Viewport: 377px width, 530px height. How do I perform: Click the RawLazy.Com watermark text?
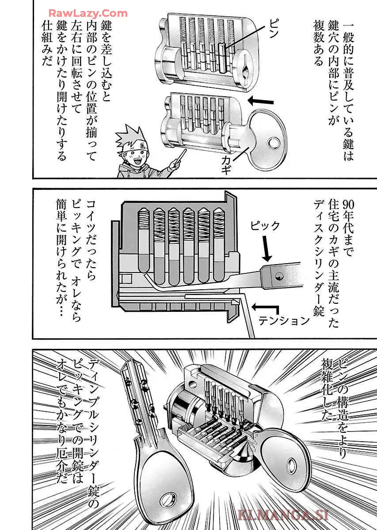click(88, 13)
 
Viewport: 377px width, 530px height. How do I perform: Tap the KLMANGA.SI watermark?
click(283, 514)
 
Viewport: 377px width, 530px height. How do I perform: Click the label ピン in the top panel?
click(274, 28)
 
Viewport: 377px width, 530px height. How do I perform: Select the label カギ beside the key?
click(226, 165)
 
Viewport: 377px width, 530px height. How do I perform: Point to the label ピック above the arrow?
click(265, 226)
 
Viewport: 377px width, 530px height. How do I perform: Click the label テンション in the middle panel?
click(284, 321)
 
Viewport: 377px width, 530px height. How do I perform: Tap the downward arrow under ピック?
click(266, 249)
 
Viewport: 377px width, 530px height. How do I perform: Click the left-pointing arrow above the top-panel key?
click(260, 102)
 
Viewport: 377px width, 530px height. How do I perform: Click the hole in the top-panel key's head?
click(274, 144)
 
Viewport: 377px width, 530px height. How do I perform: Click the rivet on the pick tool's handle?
click(279, 276)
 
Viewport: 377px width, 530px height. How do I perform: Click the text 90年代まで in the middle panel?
click(348, 228)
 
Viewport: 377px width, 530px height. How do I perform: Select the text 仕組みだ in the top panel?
click(47, 44)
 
